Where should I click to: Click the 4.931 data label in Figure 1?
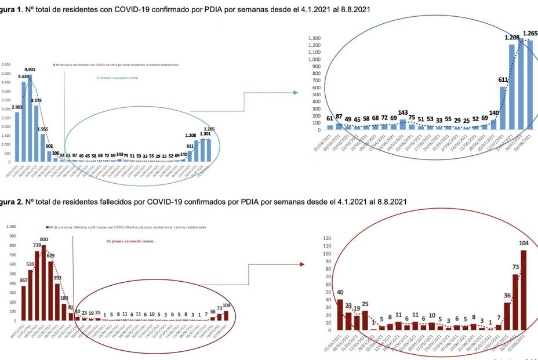pos(30,70)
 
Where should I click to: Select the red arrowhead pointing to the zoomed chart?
pos(302,264)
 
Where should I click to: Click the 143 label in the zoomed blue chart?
pos(402,112)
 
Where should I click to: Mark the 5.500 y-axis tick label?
pos(5,65)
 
